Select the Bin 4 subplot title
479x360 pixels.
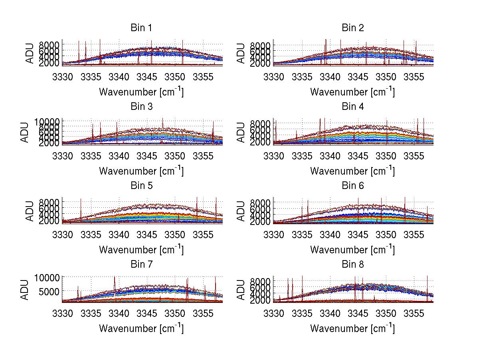click(x=353, y=107)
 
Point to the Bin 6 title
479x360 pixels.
click(x=353, y=186)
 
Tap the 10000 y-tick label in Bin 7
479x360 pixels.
click(x=49, y=277)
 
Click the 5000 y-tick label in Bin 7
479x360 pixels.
click(x=51, y=292)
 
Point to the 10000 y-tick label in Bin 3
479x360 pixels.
click(x=49, y=121)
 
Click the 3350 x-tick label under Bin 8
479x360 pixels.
click(x=387, y=313)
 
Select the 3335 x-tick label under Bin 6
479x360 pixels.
click(x=302, y=234)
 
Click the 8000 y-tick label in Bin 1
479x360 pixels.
click(x=49, y=44)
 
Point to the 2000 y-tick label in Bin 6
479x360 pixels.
click(x=260, y=222)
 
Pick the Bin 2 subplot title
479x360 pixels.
click(x=353, y=28)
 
